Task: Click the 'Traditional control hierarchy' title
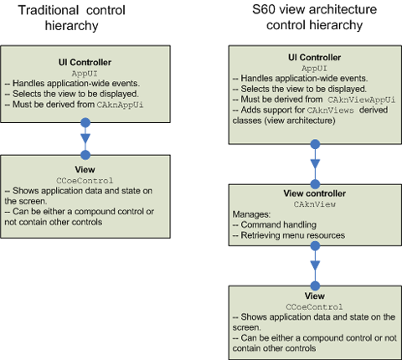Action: pos(72,18)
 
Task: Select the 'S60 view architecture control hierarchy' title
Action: pos(315,18)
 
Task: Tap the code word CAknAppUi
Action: pos(120,105)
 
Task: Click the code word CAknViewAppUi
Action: pos(362,100)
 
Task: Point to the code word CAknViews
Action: pos(331,111)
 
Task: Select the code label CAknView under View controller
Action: pos(315,204)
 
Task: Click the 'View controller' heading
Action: pos(315,193)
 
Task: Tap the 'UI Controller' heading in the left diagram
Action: pos(85,62)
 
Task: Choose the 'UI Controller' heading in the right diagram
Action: pos(315,58)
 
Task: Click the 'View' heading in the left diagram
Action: pos(85,169)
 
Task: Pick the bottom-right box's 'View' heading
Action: pos(315,296)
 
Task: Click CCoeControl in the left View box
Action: pos(85,181)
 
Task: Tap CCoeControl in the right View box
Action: pos(314,307)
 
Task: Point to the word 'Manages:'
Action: pos(251,214)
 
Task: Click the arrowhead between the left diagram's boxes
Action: pos(85,138)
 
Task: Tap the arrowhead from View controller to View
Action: pos(315,265)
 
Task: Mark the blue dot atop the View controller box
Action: pos(315,184)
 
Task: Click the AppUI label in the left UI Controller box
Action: pos(85,74)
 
